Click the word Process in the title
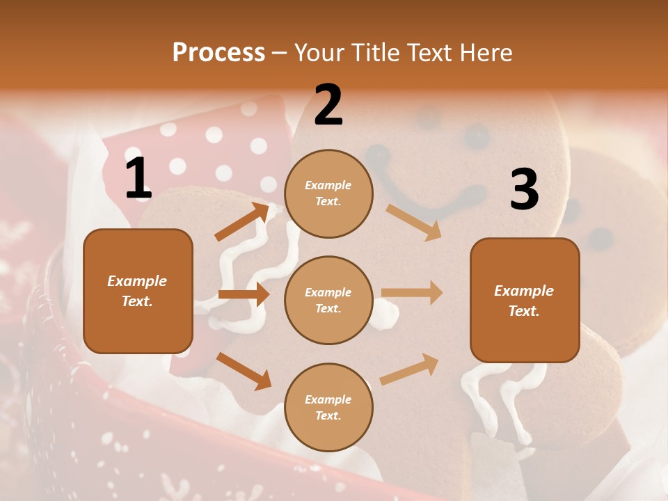tap(218, 52)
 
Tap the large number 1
tap(138, 179)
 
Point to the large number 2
tap(328, 105)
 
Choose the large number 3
tap(524, 189)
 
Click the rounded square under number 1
tap(138, 291)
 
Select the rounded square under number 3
tap(525, 300)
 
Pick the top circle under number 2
tap(328, 193)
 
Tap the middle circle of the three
tap(328, 300)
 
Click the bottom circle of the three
tap(328, 407)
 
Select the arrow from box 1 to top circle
tap(242, 222)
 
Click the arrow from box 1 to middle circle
tap(244, 294)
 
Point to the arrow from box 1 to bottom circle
tap(244, 370)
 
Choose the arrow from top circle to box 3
tap(414, 222)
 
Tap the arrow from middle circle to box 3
tap(412, 292)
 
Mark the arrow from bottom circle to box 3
tap(409, 369)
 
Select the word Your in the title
tap(319, 52)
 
